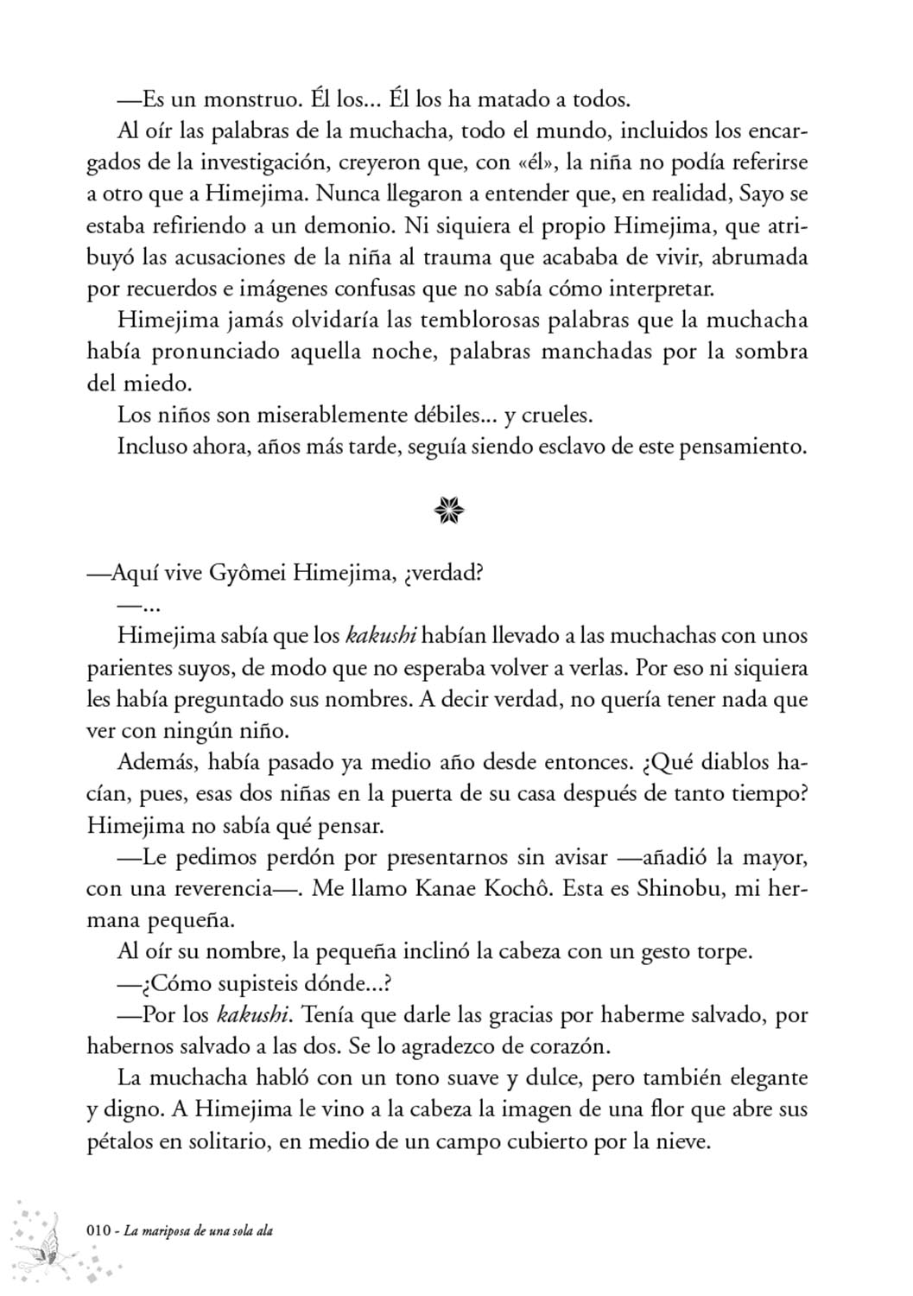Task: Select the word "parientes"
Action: pyautogui.click(x=125, y=669)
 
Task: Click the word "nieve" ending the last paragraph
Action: pyautogui.click(x=682, y=1141)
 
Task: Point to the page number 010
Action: pyautogui.click(x=100, y=1230)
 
